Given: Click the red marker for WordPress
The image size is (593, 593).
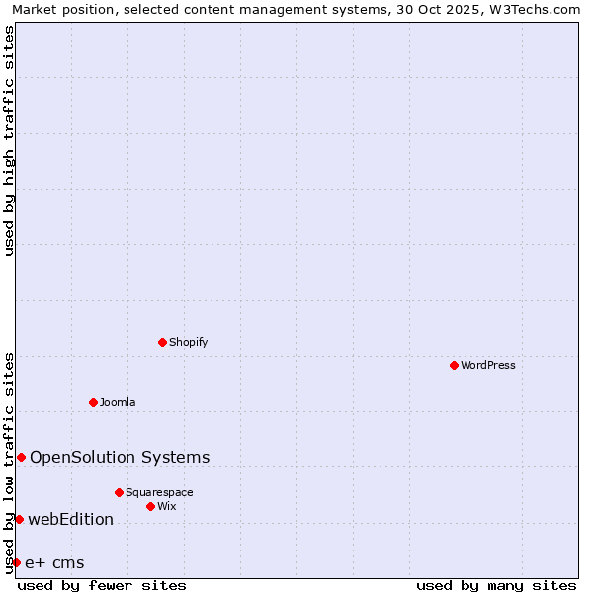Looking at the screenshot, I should (x=454, y=365).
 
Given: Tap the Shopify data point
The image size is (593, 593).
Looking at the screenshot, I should (x=162, y=342).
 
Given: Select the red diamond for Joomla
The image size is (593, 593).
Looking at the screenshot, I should (x=93, y=402).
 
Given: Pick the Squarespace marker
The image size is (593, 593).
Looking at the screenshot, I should (x=119, y=492).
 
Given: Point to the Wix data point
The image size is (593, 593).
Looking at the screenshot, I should (x=150, y=506).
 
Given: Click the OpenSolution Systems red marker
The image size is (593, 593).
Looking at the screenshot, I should (x=21, y=457).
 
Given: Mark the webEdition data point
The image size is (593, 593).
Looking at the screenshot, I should (x=19, y=519).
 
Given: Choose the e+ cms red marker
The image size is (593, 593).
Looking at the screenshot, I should (x=16, y=562).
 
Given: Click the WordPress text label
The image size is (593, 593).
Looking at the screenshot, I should (x=488, y=365).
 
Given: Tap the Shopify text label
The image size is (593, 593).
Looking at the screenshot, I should (x=189, y=342).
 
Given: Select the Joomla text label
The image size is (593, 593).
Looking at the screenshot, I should (x=118, y=402).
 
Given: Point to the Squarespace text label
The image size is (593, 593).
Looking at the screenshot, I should (x=159, y=492).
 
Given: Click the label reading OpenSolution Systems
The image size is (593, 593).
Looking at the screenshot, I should (x=120, y=457).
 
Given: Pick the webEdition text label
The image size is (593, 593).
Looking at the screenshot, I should (x=70, y=519).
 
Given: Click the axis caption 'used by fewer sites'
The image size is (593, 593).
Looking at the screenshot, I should (x=102, y=585).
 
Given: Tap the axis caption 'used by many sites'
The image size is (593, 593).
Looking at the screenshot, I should (x=496, y=585).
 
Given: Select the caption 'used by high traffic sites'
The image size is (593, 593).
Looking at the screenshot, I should (x=9, y=140).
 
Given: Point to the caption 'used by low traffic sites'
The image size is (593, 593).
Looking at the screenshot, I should (x=9, y=463).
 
